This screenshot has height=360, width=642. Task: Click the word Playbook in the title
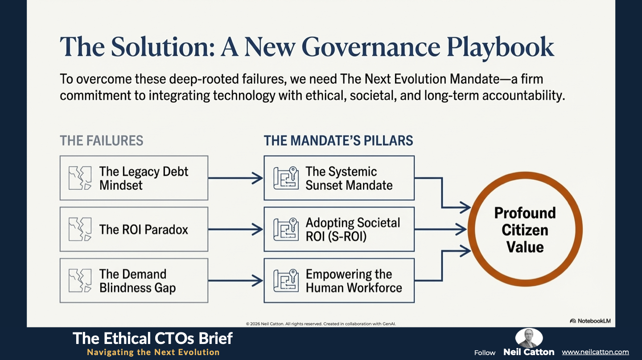[500, 47]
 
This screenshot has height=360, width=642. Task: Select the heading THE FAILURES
[102, 141]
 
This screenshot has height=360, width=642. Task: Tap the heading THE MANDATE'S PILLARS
[338, 141]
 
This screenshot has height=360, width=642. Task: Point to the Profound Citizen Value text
[525, 230]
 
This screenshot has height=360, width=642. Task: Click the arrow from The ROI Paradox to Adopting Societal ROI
[235, 229]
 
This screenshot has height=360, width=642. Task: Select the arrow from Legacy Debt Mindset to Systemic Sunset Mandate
[235, 178]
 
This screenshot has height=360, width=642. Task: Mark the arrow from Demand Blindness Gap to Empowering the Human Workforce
[235, 280]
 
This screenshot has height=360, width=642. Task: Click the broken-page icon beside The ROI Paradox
[80, 229]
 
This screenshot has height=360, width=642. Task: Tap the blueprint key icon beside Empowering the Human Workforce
[286, 281]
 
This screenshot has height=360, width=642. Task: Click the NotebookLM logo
[590, 321]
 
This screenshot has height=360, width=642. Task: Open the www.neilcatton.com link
[595, 352]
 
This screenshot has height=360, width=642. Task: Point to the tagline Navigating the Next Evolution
[153, 352]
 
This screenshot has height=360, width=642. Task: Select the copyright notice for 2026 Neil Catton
[321, 323]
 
